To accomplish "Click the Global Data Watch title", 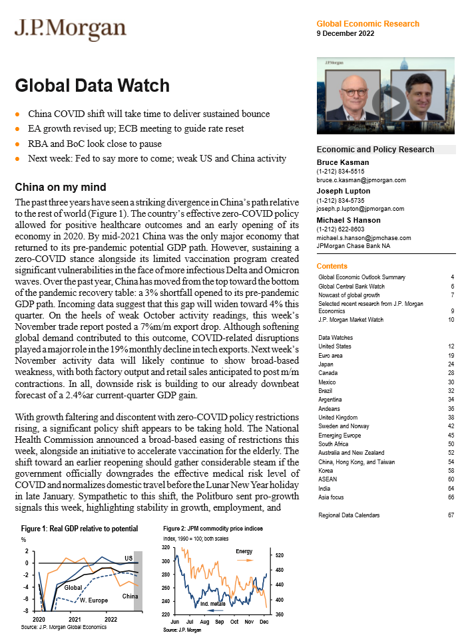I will [x=92, y=86].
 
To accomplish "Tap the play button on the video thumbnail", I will [x=385, y=101].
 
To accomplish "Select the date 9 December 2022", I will [x=345, y=33].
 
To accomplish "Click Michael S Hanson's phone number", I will [x=340, y=228].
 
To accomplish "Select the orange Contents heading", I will [x=332, y=266].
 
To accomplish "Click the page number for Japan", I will [x=451, y=364].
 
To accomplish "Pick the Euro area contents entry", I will [x=334, y=355].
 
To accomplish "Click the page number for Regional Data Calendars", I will [x=451, y=515].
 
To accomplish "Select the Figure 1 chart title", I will [x=79, y=529].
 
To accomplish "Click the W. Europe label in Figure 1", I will [x=93, y=600].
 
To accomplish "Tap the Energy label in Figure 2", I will [x=244, y=552].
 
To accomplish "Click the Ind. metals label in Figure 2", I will [x=213, y=604].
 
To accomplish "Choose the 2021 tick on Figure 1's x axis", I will [x=75, y=619].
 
